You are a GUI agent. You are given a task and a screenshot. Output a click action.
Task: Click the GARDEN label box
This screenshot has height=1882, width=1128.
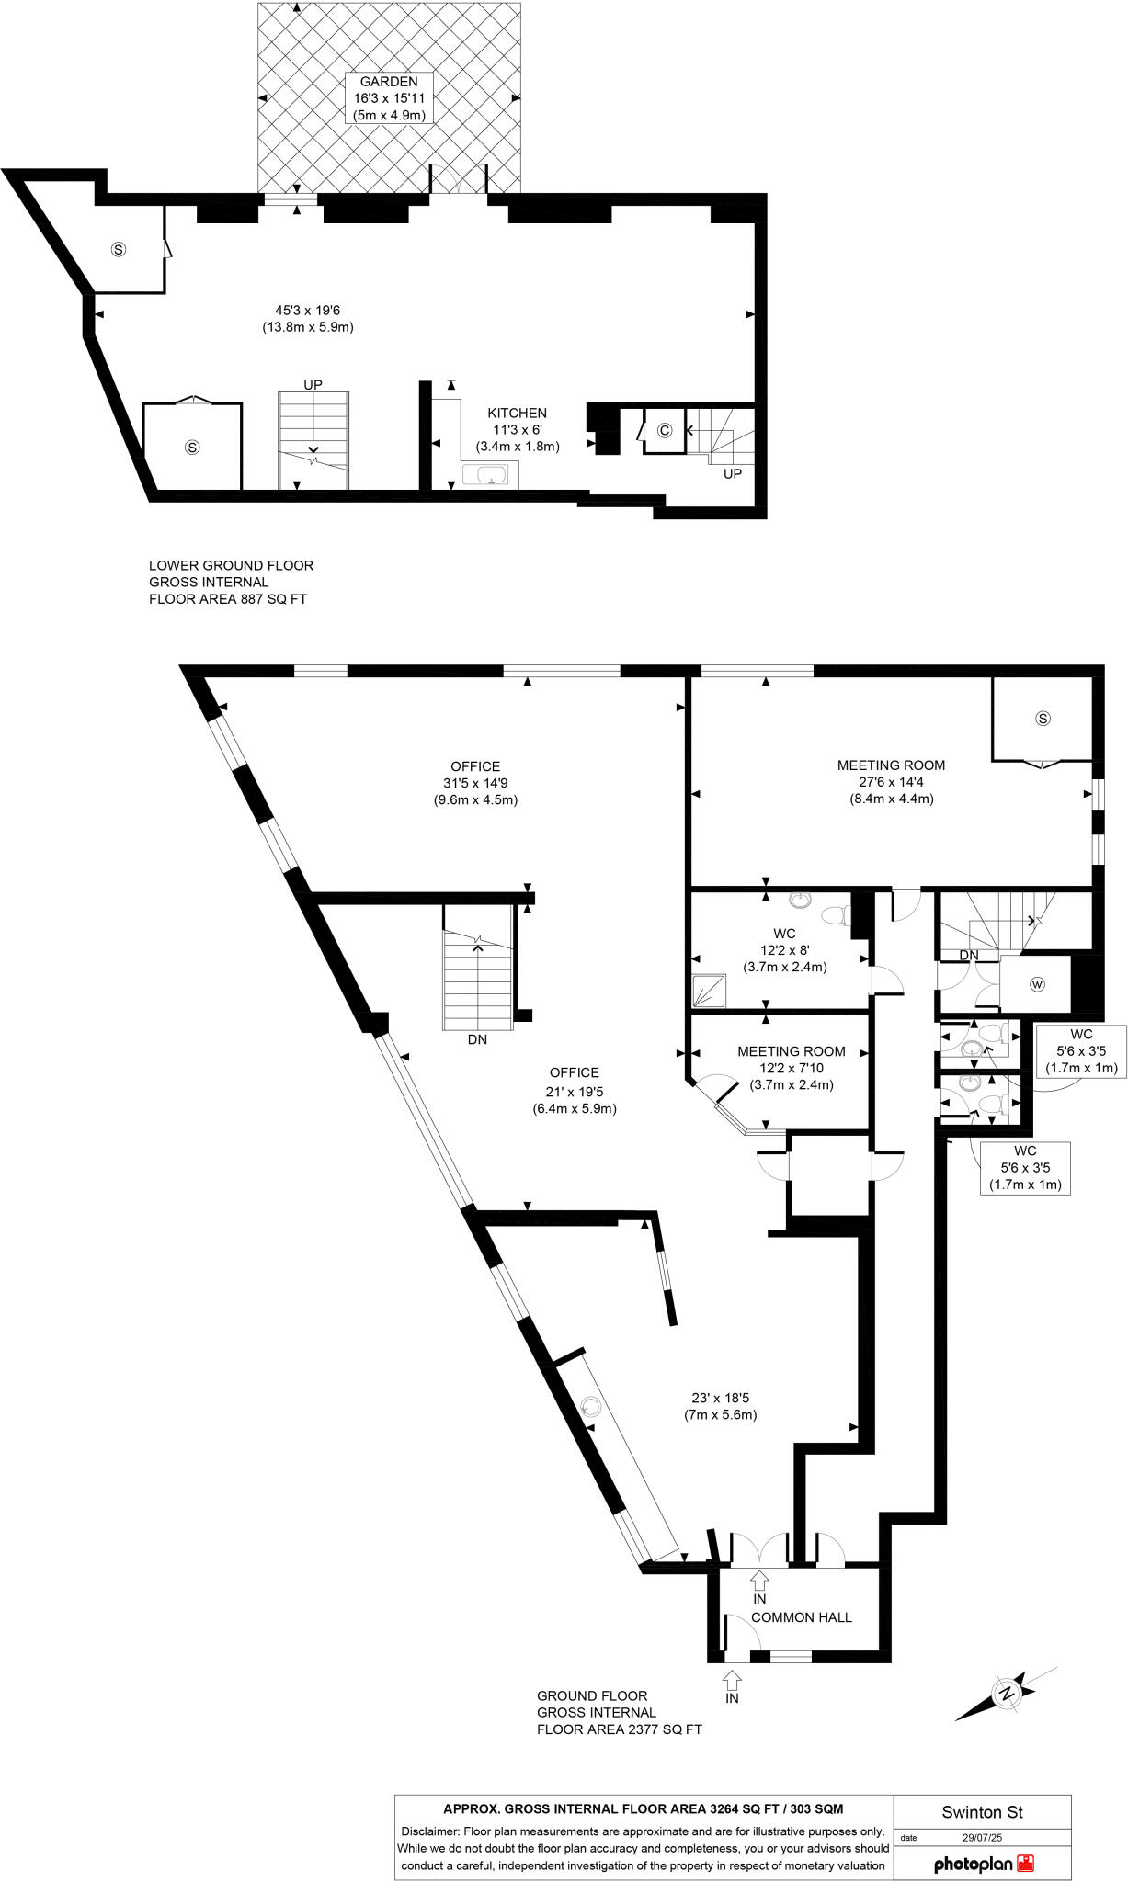(389, 98)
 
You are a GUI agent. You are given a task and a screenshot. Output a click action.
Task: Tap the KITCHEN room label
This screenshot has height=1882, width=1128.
(517, 414)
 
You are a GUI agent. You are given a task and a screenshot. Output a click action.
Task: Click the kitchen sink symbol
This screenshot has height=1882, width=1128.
(484, 474)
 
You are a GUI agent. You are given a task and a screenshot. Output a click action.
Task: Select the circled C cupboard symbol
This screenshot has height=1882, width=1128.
(665, 430)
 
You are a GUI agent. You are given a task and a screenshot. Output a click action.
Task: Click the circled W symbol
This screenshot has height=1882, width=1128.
(1038, 984)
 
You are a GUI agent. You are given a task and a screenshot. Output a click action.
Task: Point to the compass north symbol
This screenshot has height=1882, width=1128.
(1007, 1693)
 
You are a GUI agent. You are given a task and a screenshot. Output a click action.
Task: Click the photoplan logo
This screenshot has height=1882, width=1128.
(985, 1864)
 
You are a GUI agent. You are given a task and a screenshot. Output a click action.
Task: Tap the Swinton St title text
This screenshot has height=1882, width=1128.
(982, 1812)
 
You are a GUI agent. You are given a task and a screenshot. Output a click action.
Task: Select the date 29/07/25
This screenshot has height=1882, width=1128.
(982, 1838)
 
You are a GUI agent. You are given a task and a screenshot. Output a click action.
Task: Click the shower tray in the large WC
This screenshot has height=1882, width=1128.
(709, 990)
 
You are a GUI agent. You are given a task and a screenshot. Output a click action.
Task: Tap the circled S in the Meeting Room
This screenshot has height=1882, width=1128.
(1043, 719)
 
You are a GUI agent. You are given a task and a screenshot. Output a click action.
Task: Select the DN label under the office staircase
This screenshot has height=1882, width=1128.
(477, 1040)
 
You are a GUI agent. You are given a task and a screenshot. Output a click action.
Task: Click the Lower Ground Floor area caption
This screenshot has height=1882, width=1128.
(231, 582)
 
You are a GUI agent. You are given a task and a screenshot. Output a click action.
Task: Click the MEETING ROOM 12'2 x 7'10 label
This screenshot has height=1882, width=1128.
(791, 1068)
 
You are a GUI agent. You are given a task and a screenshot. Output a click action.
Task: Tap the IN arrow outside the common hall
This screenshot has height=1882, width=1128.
(732, 1681)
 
